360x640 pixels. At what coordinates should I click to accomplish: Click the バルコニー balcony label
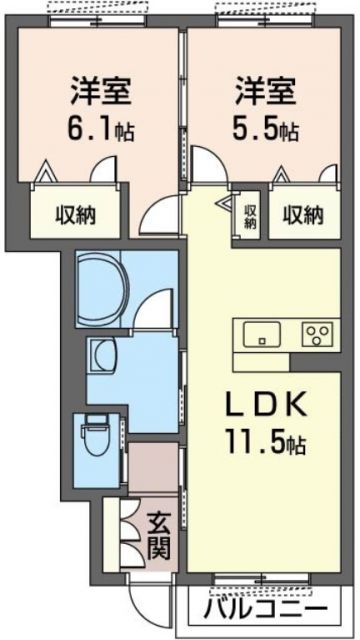pos(266,609)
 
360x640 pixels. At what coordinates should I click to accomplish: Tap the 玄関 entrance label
pos(159,536)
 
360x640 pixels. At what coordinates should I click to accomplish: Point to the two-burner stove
pos(320,334)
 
